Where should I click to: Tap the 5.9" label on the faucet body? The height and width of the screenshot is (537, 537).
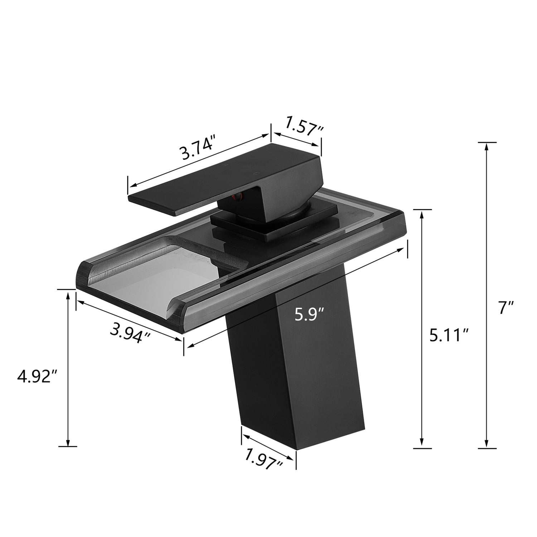click(309, 314)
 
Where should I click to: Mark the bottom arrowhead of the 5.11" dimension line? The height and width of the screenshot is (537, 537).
click(422, 444)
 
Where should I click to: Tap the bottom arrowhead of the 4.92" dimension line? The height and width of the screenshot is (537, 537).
click(67, 442)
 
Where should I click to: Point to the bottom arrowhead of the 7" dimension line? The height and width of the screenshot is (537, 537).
click(487, 444)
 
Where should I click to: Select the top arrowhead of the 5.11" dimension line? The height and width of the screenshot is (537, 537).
click(422, 214)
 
